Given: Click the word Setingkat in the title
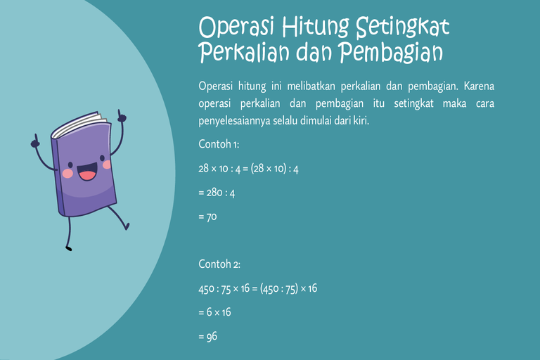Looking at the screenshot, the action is tap(403, 27).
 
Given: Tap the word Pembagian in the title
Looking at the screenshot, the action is tap(390, 53).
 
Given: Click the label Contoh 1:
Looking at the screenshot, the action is tap(219, 144).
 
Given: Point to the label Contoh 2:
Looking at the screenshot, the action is tap(219, 264).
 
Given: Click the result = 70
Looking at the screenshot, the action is tap(207, 217).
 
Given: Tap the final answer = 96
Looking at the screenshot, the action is tap(208, 337).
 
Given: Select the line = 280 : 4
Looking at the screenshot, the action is tap(217, 193).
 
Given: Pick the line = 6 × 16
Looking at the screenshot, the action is tap(215, 312).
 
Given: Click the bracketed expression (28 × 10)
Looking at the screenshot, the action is tap(269, 169).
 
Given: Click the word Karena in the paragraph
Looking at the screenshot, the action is tap(479, 86).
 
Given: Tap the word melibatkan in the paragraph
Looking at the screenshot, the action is tap(311, 86).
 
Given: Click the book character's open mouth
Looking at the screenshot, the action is tap(87, 172).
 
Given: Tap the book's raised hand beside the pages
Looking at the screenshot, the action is tap(121, 116).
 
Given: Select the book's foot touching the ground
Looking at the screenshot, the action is tap(69, 247).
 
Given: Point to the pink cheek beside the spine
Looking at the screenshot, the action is tap(67, 173).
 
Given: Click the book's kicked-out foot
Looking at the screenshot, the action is tap(127, 226).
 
